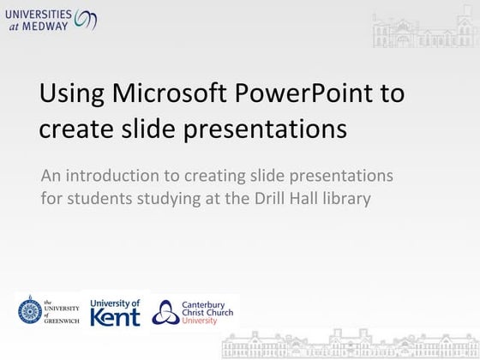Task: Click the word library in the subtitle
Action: coord(367,200)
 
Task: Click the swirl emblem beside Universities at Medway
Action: coord(87,18)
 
